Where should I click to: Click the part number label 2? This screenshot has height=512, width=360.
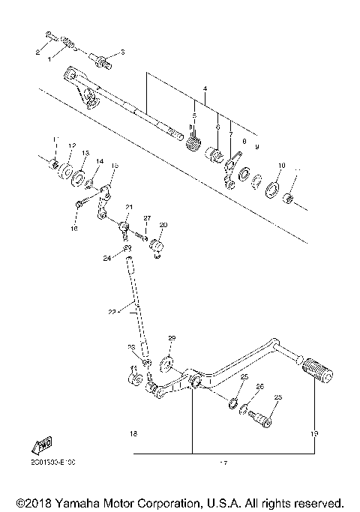tap(38, 51)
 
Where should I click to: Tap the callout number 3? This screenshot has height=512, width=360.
tap(123, 52)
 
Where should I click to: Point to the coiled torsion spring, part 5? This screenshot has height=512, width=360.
tap(194, 139)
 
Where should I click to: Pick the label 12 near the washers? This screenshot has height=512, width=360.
tap(73, 145)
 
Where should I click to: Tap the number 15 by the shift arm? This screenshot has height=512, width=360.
tap(115, 165)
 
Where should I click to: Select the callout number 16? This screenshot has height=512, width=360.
tap(74, 229)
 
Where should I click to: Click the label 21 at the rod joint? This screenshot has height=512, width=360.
tap(128, 208)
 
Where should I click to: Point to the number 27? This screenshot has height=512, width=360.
tap(147, 218)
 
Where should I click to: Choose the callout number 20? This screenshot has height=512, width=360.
tap(163, 225)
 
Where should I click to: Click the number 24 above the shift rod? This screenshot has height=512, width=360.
tap(107, 257)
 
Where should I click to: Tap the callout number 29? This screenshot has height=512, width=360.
tap(171, 339)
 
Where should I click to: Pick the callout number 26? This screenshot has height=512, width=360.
tap(260, 387)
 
